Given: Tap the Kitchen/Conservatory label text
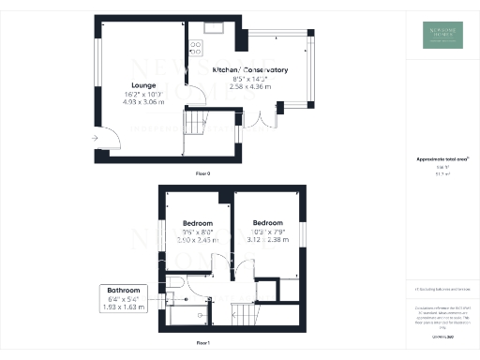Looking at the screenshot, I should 249,70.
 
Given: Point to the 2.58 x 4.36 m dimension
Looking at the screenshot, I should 249,88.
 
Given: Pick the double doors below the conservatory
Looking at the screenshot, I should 265,119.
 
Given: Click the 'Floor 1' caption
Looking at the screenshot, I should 202,344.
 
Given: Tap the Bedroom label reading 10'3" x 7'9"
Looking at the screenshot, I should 267,223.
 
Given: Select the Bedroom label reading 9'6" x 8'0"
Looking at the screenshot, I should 193,223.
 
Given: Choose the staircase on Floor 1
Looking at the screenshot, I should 247,313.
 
